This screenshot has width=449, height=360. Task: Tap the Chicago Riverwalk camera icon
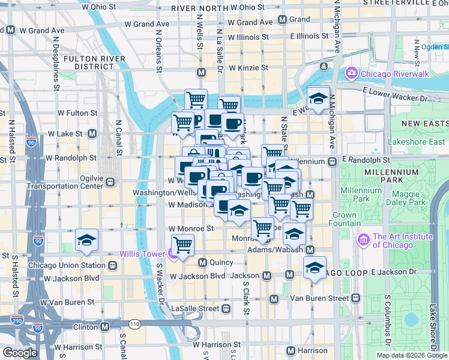click(351, 73)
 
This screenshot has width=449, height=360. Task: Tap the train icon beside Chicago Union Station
click(112, 265)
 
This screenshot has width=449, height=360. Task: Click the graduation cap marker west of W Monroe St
click(87, 241)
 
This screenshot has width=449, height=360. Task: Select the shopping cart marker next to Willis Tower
click(182, 244)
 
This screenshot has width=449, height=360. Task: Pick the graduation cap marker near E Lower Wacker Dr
click(318, 97)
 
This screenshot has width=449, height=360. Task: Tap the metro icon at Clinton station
click(104, 327)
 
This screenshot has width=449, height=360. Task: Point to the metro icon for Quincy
click(202, 262)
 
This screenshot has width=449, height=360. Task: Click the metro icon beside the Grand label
click(282, 19)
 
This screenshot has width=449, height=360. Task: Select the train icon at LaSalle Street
click(226, 308)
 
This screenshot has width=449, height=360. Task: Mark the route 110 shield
click(134, 324)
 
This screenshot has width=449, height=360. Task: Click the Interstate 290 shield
click(19, 320)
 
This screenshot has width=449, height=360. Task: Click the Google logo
click(20, 353)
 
